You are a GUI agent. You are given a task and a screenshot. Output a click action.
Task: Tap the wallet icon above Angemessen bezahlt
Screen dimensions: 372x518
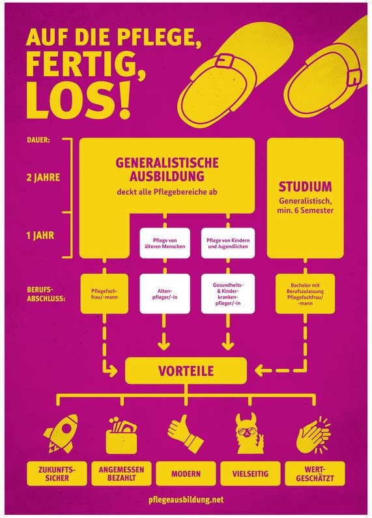coord(121,435)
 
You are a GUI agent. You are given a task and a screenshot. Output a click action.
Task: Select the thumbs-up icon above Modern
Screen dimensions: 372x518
coord(185,434)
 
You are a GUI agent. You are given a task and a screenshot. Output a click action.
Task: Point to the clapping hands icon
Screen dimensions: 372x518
coord(313,435)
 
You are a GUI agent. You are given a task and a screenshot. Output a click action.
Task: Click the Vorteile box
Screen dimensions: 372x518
coord(186,371)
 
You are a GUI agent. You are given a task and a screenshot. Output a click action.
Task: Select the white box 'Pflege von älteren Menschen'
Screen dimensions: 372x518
coord(165,243)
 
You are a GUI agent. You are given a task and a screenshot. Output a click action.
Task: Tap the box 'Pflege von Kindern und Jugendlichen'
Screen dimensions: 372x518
coord(228,243)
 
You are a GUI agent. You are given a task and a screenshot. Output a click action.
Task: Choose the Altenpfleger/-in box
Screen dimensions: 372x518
coord(165,294)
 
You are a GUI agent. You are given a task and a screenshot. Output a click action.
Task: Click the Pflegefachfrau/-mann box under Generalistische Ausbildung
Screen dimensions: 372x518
coord(104,294)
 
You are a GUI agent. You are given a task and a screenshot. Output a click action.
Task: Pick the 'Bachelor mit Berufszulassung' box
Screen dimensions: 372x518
coord(305,294)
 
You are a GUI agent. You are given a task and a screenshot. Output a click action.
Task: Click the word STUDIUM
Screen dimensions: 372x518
coord(305,187)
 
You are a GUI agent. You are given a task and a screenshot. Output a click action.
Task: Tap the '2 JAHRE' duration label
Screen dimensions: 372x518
coord(43,178)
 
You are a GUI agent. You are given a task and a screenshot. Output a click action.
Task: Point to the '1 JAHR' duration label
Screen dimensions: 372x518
coord(40,236)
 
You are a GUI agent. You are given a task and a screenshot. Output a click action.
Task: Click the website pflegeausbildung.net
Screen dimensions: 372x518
coord(186,500)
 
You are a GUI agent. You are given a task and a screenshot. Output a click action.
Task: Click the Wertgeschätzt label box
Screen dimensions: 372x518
coord(315,474)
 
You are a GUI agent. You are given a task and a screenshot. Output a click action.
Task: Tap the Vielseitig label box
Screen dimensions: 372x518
coord(250,474)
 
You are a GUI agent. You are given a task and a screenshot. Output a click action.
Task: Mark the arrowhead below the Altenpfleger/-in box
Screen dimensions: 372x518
coord(164,345)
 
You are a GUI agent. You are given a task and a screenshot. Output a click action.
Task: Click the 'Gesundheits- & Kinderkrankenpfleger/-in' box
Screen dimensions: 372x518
coord(228,294)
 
